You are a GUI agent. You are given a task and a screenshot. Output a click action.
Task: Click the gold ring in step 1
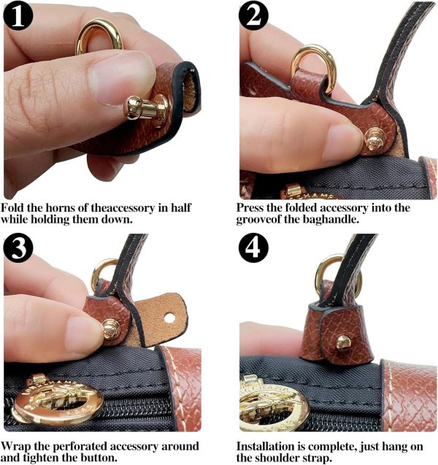[99, 36]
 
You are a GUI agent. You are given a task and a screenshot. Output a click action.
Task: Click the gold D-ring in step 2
[310, 66]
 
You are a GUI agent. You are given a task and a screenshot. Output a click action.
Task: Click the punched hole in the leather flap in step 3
[169, 318]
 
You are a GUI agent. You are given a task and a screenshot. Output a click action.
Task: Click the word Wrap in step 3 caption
[18, 445]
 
